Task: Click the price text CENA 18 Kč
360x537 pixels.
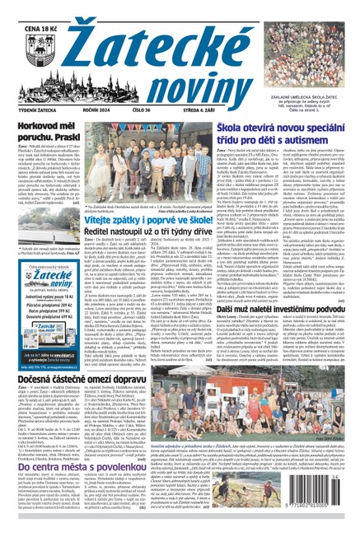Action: coord(25,9)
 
